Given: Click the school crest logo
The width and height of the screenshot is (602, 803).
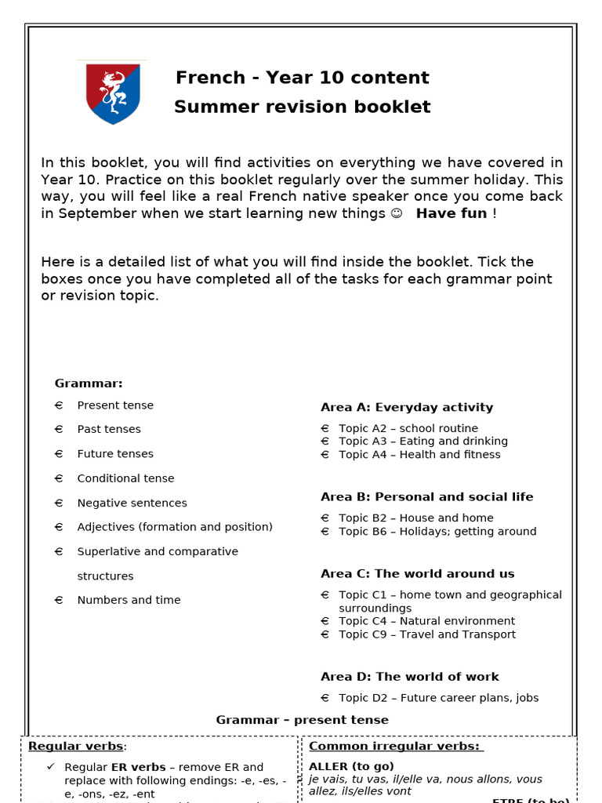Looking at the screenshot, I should coord(113,93).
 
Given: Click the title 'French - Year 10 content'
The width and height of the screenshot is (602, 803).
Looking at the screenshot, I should coord(302,78).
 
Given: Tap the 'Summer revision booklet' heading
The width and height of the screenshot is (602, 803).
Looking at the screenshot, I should coord(302,107).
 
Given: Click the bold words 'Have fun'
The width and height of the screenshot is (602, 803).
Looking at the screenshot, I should coord(451,213).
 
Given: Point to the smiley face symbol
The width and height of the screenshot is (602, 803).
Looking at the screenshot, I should coord(396,213).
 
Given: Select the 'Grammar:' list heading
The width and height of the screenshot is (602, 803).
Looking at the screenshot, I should coord(89,383).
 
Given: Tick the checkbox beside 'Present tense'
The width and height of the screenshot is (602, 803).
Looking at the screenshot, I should coord(59,405).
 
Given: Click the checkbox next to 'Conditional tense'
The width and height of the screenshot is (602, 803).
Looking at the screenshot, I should coord(59,478).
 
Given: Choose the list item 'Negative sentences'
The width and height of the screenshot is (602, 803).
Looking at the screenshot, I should coord(132,503).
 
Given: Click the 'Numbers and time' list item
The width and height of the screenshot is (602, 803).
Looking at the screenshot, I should coord(129,600).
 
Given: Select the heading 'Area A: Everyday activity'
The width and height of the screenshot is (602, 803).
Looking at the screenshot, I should coord(407,407).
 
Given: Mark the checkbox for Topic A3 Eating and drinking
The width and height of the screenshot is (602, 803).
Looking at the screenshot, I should coord(325,441).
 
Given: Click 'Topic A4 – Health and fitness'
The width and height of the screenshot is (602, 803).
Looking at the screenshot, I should coord(419,454).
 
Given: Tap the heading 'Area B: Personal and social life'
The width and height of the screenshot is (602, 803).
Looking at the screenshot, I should coord(426,496).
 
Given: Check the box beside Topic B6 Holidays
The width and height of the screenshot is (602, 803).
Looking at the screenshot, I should coord(325,532).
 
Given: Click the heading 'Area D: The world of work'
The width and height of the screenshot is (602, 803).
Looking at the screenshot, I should coord(409,677).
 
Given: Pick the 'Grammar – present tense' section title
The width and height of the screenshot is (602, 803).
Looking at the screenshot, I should coord(302,720).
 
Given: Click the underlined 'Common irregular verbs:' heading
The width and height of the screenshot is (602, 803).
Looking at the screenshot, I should coord(396,747).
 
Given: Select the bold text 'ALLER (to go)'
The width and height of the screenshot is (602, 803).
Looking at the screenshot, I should coord(351,766).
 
